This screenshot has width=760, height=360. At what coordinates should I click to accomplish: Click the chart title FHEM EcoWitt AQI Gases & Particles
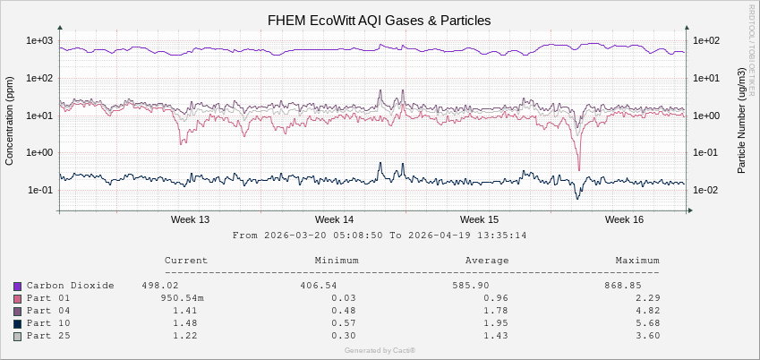(380, 20)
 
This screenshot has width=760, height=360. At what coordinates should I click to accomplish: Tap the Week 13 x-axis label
(190, 219)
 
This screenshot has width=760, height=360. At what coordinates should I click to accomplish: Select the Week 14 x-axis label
(334, 219)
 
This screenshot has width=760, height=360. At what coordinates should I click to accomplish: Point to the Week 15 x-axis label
(479, 219)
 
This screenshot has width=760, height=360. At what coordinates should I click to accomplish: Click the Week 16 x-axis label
(624, 219)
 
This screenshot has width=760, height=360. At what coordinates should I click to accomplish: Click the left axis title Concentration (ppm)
(10, 120)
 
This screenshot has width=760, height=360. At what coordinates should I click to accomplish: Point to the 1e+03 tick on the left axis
(40, 40)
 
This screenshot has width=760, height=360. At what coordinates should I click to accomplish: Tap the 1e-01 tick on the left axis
(40, 190)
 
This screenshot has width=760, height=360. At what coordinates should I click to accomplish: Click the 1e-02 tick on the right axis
(706, 190)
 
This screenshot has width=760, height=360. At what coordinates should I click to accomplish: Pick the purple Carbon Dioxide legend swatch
(17, 286)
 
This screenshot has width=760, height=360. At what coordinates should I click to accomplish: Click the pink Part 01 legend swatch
(17, 298)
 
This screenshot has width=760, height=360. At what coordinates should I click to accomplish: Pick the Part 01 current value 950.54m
(183, 298)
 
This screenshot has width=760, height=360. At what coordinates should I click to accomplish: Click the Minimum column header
(337, 261)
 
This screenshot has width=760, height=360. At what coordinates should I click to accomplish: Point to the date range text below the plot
(379, 236)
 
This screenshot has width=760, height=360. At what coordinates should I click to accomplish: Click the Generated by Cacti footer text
(380, 350)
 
